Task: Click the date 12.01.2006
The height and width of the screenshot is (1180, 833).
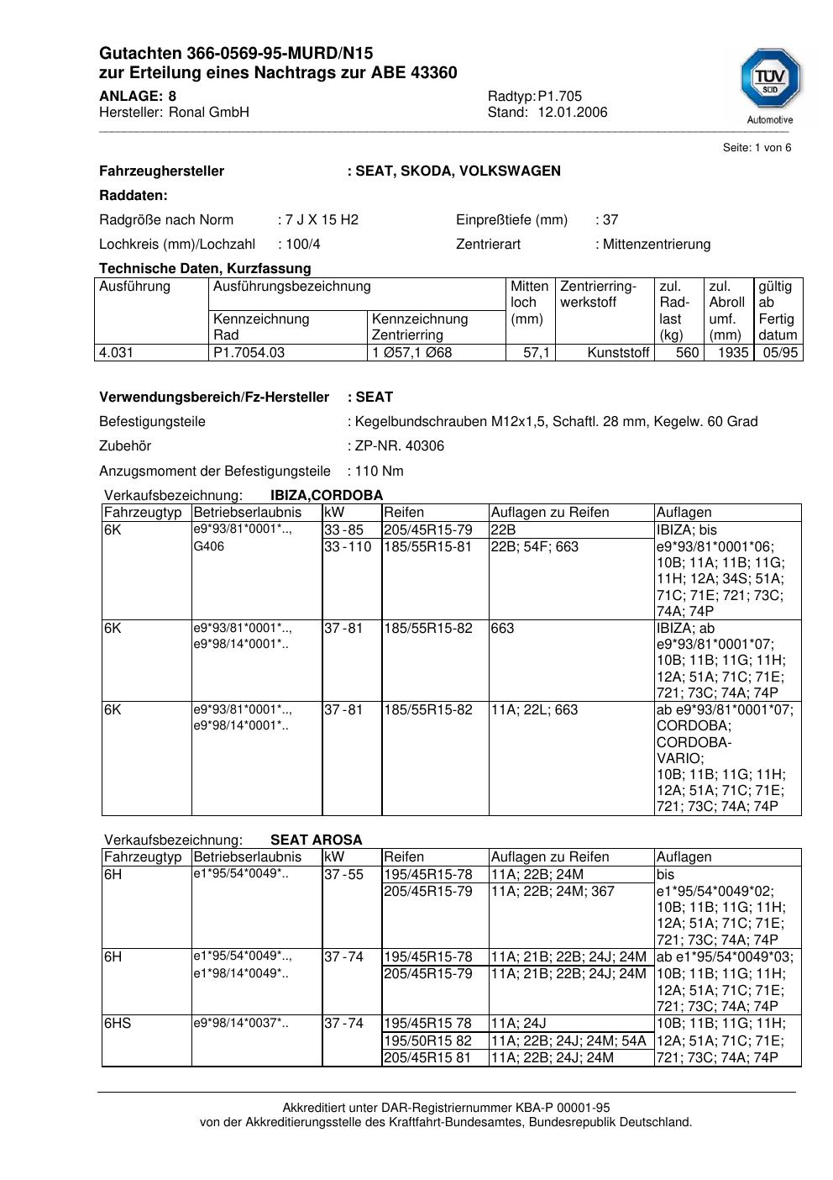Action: (573, 113)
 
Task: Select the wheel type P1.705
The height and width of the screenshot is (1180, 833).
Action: (560, 96)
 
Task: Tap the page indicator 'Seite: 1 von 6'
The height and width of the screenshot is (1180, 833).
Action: (757, 148)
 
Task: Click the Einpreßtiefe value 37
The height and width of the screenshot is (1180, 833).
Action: (610, 220)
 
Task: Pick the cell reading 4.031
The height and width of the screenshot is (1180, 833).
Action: (117, 353)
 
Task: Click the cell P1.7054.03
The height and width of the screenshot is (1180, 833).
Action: (249, 353)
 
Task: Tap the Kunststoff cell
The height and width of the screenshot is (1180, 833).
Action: (619, 353)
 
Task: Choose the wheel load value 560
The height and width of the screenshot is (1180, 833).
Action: (688, 353)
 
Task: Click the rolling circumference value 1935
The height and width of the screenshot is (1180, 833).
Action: (733, 353)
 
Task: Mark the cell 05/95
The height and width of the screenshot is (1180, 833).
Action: (780, 353)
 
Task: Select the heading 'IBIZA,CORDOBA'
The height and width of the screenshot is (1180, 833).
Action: (327, 496)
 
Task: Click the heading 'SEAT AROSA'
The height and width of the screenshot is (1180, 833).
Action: (317, 840)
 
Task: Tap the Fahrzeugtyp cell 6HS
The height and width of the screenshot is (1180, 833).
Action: (118, 1024)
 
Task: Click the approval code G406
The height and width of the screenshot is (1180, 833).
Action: (209, 547)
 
